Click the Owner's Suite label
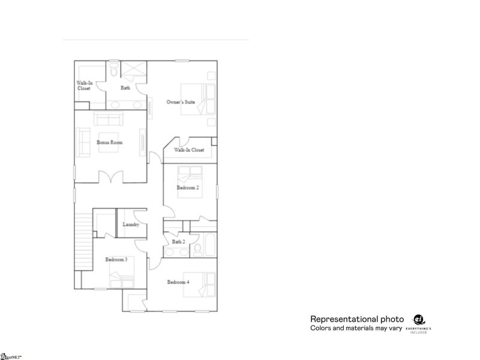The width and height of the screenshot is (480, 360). coord(181,103)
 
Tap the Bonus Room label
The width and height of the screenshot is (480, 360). coord(109,142)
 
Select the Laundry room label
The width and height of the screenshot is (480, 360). coord(131,225)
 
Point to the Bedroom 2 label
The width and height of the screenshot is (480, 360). coord(187,188)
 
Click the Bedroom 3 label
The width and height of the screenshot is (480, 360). coord(116,259)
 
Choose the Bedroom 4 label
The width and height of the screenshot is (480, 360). coord(178,282)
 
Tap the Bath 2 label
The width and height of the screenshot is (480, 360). coord(178,242)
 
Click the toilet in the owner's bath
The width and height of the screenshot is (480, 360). coord(113,72)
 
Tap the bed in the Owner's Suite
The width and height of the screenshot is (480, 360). coord(206,99)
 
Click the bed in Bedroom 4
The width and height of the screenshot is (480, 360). coord(207,283)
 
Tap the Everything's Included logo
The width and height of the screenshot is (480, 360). coord(419,323)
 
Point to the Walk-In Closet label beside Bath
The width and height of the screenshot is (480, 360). coord(83,86)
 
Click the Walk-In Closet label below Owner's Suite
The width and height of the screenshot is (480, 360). coord(189,150)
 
